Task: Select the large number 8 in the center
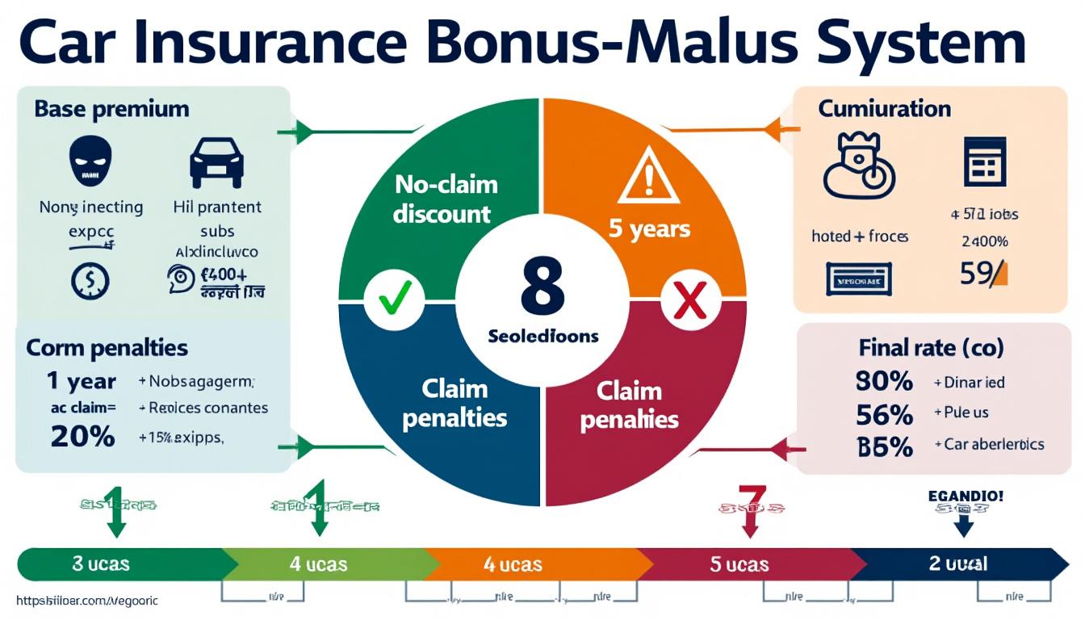542,287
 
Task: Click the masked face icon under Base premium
90,162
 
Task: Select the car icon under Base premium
216,162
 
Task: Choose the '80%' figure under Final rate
884,381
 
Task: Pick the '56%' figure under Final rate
884,414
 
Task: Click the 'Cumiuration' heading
884,109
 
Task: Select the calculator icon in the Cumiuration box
985,161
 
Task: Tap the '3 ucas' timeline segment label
101,563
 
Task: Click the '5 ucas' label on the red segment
739,564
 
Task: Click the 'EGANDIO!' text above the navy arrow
966,495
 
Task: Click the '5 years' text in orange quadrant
649,228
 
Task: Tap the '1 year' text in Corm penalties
81,381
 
